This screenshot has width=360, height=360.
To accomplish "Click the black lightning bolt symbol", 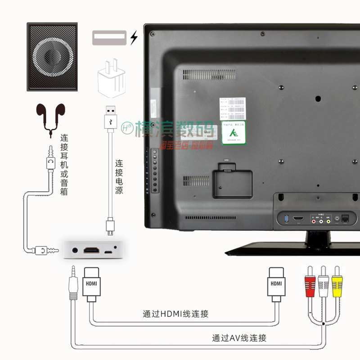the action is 133,38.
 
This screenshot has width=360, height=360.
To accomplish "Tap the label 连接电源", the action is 119,177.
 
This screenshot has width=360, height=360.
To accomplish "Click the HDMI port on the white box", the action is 93,249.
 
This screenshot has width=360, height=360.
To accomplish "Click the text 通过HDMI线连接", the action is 175,314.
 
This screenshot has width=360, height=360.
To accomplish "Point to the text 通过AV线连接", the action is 239,337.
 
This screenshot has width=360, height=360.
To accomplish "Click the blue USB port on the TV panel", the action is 285,219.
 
